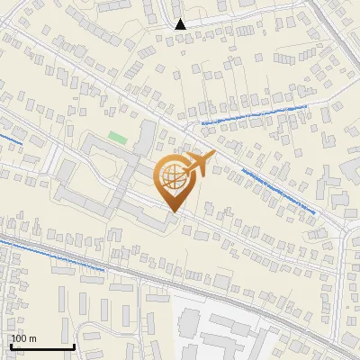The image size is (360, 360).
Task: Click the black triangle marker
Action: coord(181,24)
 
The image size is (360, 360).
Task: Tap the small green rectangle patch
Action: coord(118,138)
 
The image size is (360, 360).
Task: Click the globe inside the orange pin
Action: coord(172,175)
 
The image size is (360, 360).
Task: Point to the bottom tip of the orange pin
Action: coord(173,212)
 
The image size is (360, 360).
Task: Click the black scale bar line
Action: coord(41,346)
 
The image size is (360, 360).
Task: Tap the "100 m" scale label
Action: coord(24,338)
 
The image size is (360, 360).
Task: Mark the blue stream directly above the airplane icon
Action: coord(252,112)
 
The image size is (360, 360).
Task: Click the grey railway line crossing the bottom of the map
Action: coord(180,287)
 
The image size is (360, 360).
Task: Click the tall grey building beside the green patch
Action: coord(145,138)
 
